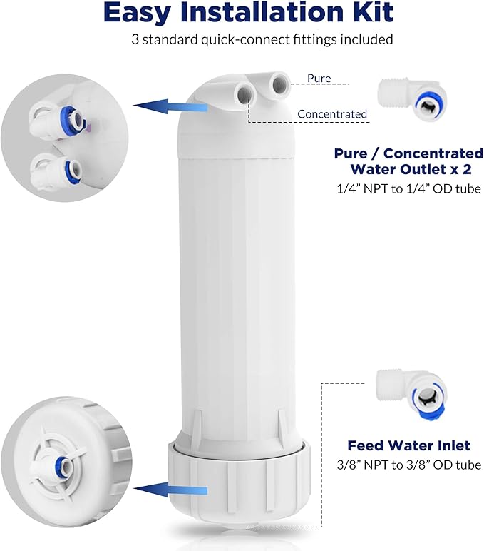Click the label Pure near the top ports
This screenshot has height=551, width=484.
click(x=319, y=79)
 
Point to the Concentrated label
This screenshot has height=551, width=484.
click(x=332, y=114)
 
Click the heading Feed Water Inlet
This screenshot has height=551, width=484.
click(x=408, y=445)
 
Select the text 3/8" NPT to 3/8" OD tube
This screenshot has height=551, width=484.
click(x=409, y=465)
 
